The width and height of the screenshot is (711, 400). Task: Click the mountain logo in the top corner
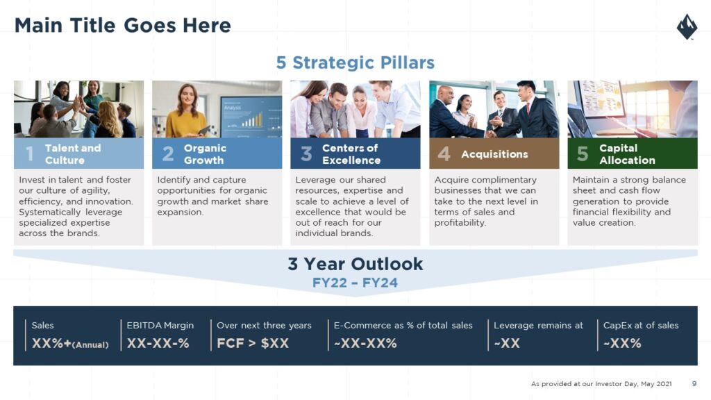687,27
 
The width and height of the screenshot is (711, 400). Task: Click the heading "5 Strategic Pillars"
355,62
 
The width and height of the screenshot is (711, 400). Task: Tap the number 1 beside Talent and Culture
29,153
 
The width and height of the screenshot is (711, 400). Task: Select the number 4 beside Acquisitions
444,153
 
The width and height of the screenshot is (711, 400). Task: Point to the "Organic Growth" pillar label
205,154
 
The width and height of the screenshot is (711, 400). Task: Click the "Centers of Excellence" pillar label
351,154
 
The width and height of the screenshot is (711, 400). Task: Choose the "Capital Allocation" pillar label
627,154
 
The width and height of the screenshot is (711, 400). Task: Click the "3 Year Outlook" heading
355,264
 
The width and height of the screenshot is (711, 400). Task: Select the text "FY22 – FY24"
355,283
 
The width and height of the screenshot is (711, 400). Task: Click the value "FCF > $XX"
253,343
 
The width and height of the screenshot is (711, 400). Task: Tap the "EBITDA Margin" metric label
160,325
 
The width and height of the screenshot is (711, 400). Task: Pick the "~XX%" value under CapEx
622,343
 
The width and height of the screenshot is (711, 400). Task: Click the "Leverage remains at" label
538,325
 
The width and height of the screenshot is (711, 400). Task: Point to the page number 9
694,383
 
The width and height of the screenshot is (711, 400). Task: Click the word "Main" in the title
39,26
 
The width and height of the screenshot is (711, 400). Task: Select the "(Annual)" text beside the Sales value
90,344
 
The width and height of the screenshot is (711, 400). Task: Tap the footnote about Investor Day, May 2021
601,383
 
